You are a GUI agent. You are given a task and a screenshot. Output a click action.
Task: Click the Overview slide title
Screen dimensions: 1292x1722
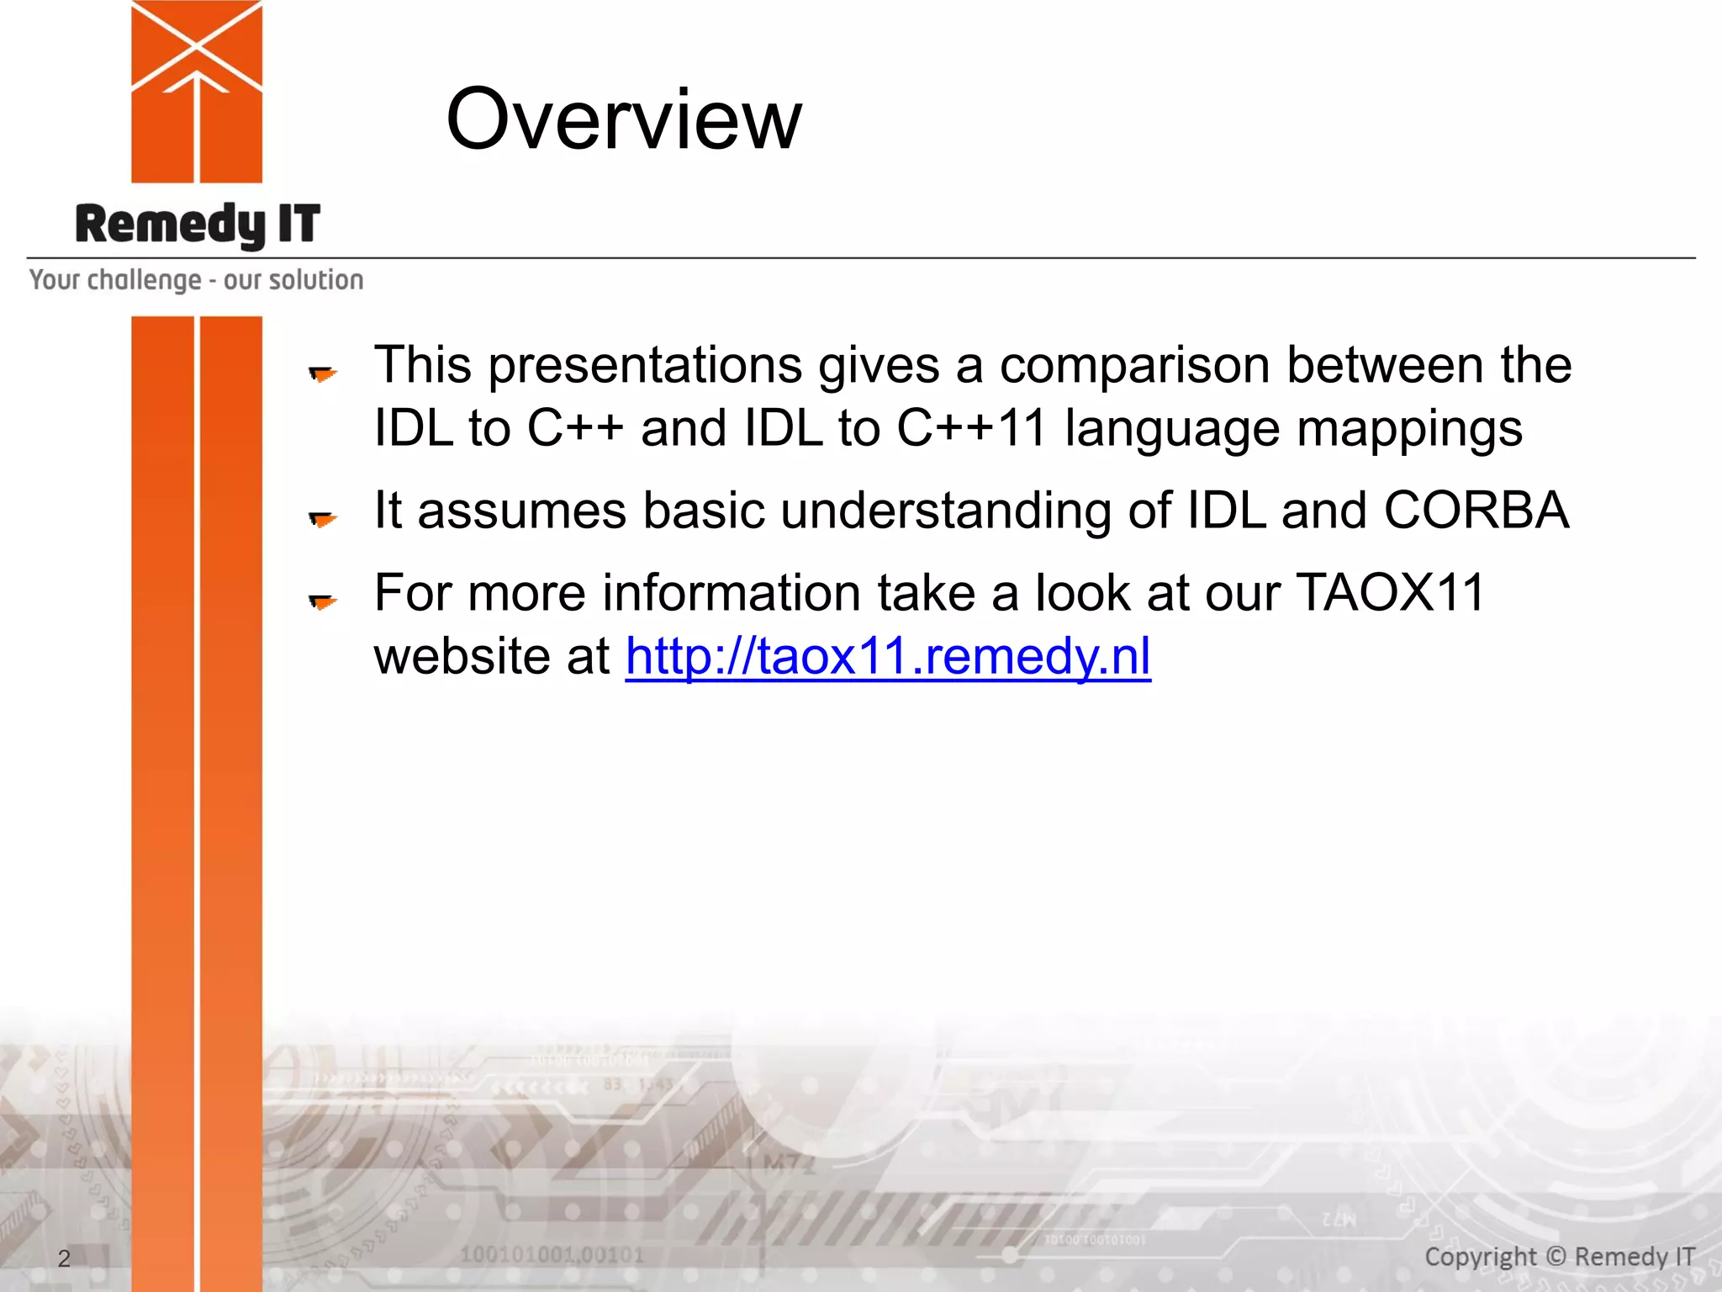623,119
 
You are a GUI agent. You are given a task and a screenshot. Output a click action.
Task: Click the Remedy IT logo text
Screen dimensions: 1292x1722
198,225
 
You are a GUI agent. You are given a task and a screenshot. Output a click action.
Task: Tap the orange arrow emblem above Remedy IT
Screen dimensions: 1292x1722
197,91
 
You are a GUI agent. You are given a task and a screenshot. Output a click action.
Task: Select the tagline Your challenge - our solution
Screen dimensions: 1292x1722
196,280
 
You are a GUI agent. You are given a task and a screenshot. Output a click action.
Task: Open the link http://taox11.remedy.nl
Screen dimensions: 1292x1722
888,656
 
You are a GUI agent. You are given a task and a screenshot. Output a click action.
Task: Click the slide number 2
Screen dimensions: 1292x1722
64,1258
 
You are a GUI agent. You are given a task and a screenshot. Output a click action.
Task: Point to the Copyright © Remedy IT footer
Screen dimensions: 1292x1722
1559,1257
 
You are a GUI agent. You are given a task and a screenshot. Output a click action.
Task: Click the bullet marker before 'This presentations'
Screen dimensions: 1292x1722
322,373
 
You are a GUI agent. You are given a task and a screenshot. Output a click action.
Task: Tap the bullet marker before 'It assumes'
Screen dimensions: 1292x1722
322,518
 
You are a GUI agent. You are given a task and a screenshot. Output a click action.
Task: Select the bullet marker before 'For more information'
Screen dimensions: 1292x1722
322,601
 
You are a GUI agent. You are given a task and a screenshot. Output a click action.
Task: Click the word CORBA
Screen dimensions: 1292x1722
1476,511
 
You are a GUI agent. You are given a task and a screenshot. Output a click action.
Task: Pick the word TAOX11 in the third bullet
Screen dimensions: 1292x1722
1391,592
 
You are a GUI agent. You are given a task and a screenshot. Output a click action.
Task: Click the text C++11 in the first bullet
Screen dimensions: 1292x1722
971,428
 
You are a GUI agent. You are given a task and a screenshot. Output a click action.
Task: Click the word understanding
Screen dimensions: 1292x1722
945,511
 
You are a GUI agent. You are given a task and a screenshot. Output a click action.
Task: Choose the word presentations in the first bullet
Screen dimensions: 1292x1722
646,366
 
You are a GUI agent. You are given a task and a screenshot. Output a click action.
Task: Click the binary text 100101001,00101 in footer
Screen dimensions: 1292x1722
552,1255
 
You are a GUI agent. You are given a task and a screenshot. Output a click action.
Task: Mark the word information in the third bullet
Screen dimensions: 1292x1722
732,593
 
